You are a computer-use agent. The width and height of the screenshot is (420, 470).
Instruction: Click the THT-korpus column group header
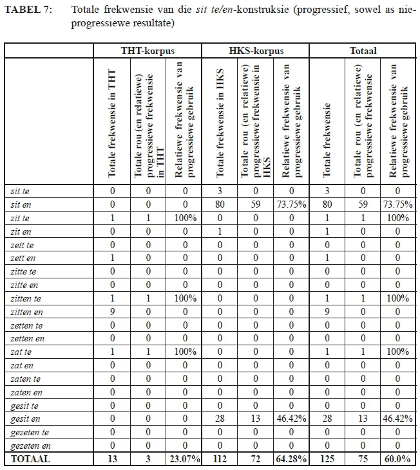tap(148, 51)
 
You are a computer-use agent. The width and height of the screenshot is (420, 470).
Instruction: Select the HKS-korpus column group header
tap(256, 51)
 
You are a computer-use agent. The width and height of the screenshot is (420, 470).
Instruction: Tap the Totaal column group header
tap(363, 51)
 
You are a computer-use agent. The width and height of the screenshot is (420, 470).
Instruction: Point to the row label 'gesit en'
tap(25, 419)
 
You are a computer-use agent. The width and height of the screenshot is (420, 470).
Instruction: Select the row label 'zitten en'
tap(28, 312)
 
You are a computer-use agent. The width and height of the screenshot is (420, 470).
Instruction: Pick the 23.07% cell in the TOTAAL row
tap(184, 460)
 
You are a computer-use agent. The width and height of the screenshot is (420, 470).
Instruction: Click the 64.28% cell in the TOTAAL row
tap(291, 460)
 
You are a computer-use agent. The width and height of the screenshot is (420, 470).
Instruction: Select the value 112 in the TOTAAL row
tap(220, 460)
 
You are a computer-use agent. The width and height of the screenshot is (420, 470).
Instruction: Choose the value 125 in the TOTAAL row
tap(327, 460)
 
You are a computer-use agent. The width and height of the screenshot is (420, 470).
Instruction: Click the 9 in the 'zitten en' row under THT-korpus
tap(111, 312)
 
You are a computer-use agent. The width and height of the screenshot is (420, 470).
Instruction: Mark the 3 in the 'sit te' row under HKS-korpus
tap(220, 191)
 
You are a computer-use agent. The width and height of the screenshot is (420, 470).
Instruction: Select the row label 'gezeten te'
tap(30, 433)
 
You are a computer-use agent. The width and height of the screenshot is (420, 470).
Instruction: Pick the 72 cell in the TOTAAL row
tap(256, 460)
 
